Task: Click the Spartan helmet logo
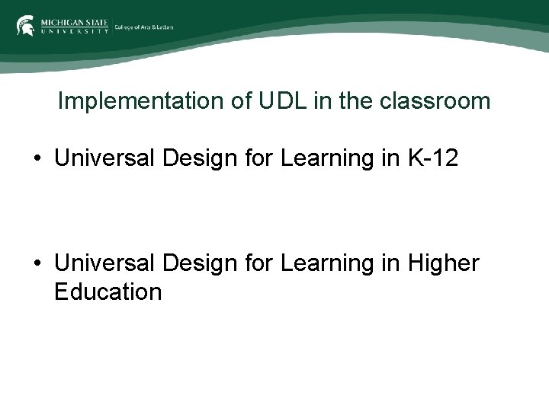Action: pos(25,25)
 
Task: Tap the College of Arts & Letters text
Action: pos(144,27)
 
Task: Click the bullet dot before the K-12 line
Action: pos(36,159)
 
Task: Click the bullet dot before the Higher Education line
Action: pos(36,264)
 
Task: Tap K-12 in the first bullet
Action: pos(434,158)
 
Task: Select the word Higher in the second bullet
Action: pos(444,263)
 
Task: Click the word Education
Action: pos(108,292)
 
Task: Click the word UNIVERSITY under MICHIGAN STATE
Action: pos(73,31)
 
